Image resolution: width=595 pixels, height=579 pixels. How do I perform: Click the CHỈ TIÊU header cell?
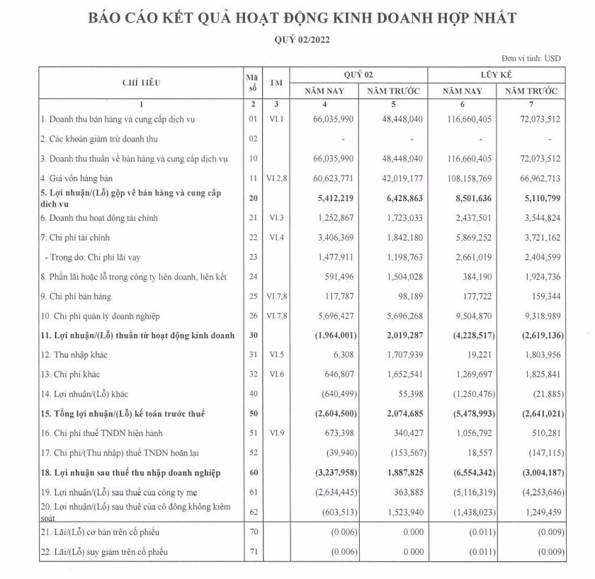pyautogui.click(x=141, y=82)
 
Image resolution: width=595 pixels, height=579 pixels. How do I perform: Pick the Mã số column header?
pyautogui.click(x=251, y=82)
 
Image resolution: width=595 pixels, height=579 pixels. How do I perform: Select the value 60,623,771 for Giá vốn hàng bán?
pyautogui.click(x=357, y=178)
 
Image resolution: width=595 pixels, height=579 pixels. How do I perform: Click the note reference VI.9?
pyautogui.click(x=276, y=432)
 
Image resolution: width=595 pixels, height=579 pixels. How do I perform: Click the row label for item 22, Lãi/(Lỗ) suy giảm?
pyautogui.click(x=103, y=551)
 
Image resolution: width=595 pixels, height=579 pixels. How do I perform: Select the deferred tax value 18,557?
pyautogui.click(x=475, y=452)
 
